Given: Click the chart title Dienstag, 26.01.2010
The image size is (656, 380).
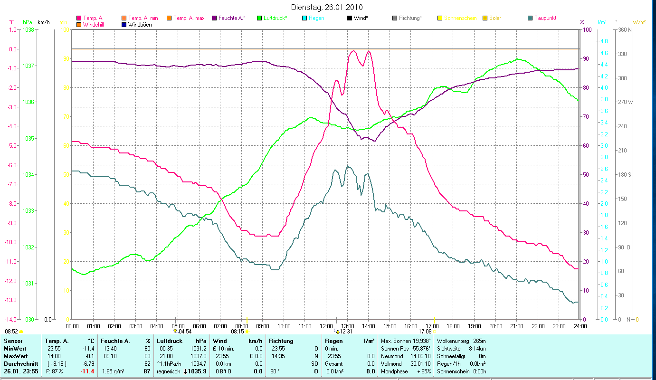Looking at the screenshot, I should (x=328, y=7).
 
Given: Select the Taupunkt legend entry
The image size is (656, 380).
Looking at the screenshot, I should (x=545, y=18).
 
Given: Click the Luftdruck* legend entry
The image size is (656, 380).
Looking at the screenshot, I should (x=275, y=18).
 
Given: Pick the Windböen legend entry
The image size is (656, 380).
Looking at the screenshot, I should (x=140, y=25).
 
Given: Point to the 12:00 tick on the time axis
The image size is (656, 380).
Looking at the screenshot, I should (x=326, y=326).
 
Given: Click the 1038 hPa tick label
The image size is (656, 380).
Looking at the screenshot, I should (x=28, y=29).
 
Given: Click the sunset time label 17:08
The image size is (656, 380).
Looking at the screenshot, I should (x=425, y=332).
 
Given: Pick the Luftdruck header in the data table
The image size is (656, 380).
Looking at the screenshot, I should (x=170, y=341).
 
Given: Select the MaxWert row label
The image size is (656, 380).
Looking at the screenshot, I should (x=15, y=356).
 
